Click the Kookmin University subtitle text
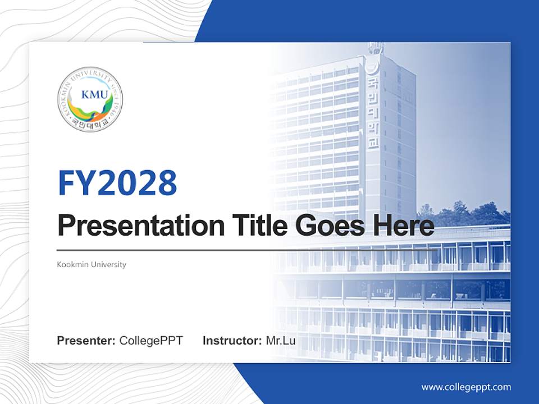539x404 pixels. pyautogui.click(x=92, y=264)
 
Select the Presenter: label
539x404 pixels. pyautogui.click(x=86, y=340)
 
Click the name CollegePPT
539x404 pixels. pyautogui.click(x=151, y=340)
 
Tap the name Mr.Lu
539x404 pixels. pyautogui.click(x=281, y=340)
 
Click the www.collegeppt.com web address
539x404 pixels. pyautogui.click(x=466, y=387)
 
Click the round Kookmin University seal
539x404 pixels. pyautogui.click(x=90, y=99)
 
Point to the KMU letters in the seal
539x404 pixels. pyautogui.click(x=90, y=94)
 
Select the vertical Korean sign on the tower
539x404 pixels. pyautogui.click(x=373, y=112)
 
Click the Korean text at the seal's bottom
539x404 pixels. pyautogui.click(x=89, y=125)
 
